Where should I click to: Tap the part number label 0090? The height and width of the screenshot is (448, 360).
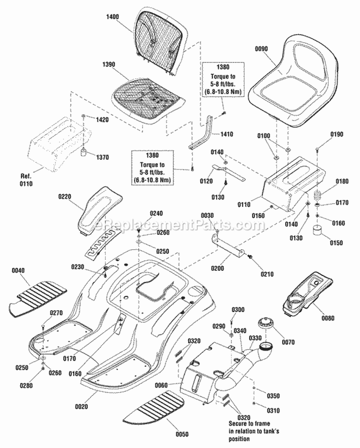click(x=263, y=49)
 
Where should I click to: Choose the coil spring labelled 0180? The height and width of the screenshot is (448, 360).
click(x=316, y=197)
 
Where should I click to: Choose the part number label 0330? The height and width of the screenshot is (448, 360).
click(x=254, y=339)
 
